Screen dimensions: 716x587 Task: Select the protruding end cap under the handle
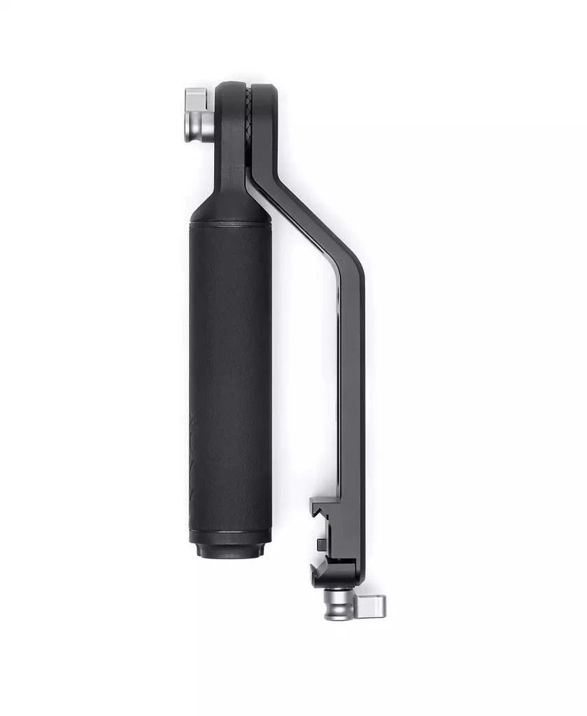[x=230, y=551]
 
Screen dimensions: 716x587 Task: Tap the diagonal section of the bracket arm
[x=308, y=224]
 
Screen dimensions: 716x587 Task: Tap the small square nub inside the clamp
[x=321, y=543]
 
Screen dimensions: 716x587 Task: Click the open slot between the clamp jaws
[x=329, y=531]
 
